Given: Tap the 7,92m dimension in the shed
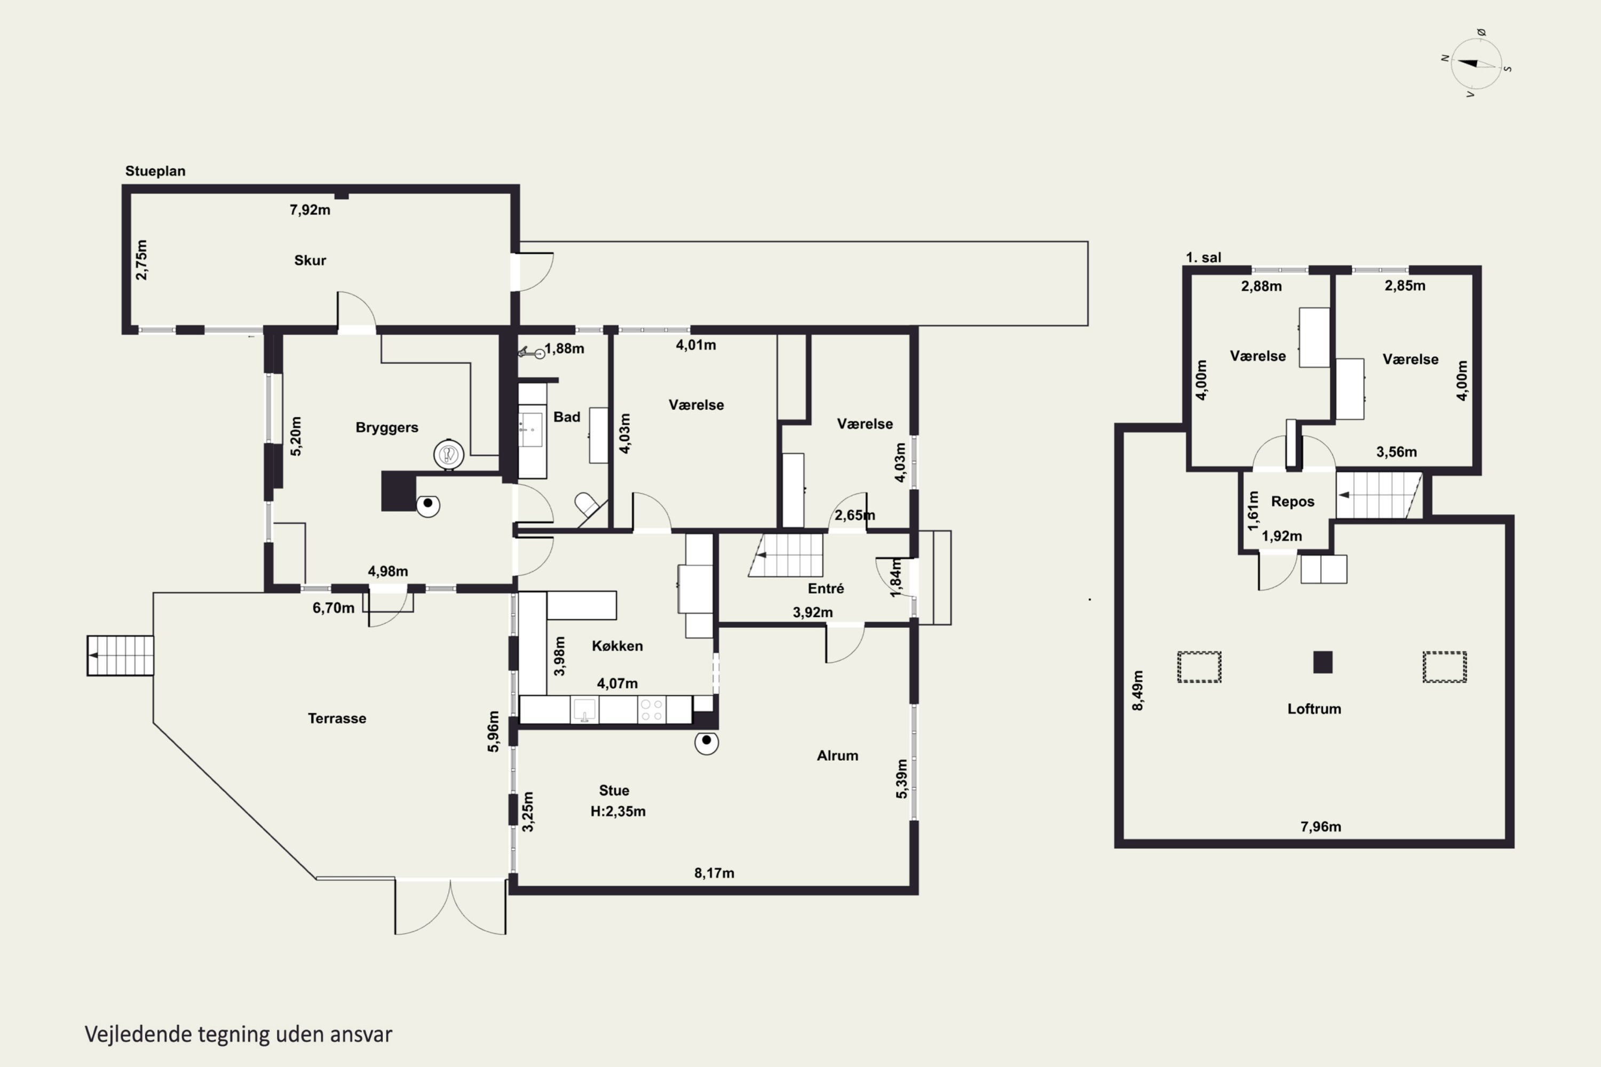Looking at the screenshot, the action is [x=310, y=210].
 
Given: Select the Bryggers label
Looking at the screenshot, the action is [x=386, y=427].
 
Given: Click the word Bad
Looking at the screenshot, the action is [x=566, y=417].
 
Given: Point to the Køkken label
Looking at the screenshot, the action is [x=617, y=646].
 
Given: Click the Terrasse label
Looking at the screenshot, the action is [x=337, y=718].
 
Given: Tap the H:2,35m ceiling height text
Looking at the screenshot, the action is [x=618, y=811].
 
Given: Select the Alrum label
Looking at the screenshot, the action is [x=837, y=755].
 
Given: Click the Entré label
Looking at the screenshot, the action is [x=826, y=588].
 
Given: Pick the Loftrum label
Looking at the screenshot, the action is [x=1314, y=708].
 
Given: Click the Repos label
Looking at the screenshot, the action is [x=1293, y=501].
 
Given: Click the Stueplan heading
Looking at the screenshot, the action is [x=155, y=171].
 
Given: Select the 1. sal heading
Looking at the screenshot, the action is [x=1203, y=257].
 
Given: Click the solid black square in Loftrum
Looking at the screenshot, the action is [x=1322, y=662].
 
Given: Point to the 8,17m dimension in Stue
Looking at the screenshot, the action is [x=714, y=873].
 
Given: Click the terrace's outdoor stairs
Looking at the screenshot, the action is [x=121, y=655].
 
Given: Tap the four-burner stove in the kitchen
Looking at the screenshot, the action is [x=652, y=710].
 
